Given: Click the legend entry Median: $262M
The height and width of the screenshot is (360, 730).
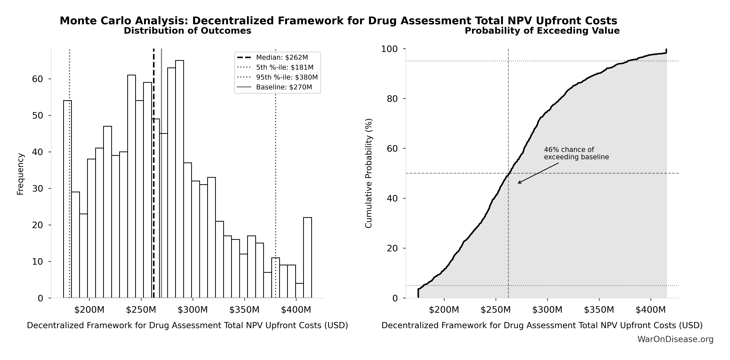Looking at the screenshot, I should pyautogui.click(x=282, y=58).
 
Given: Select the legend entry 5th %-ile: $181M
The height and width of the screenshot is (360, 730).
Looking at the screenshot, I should pyautogui.click(x=284, y=67).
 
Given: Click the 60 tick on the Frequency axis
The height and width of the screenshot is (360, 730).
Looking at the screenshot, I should pyautogui.click(x=37, y=79).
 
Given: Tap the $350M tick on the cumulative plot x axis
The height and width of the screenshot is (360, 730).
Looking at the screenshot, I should pyautogui.click(x=599, y=310).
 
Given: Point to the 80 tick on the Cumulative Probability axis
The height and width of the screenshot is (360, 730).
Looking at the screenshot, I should pyautogui.click(x=392, y=99).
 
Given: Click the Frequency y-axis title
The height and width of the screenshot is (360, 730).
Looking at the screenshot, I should pyautogui.click(x=20, y=174).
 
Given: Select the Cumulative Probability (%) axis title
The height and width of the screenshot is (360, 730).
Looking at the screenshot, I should pyautogui.click(x=368, y=173).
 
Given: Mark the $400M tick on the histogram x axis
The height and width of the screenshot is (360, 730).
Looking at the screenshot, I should pyautogui.click(x=296, y=310).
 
